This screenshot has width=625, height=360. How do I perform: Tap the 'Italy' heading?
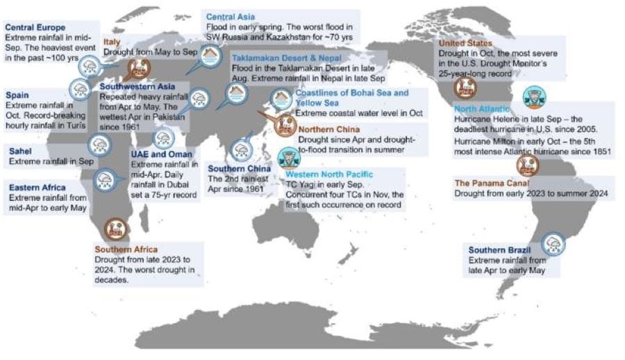(x=112, y=42)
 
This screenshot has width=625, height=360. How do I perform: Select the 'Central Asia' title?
(x=231, y=15)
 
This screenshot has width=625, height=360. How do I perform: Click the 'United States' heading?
(x=465, y=43)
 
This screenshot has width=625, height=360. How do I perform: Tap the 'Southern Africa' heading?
(x=126, y=249)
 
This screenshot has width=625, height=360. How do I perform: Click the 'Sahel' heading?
(x=21, y=150)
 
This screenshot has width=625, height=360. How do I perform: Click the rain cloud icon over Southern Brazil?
(x=555, y=243)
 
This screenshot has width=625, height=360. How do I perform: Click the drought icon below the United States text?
(x=465, y=88)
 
